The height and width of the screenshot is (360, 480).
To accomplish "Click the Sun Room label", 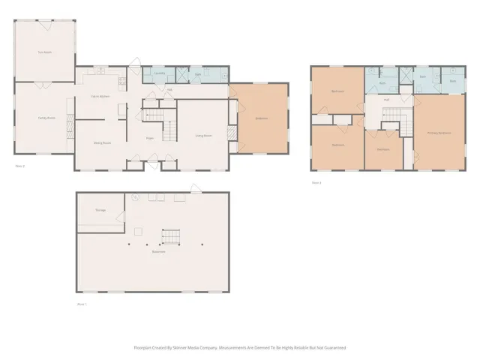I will pos(45,52).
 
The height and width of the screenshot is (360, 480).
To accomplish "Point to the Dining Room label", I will pos(102,142).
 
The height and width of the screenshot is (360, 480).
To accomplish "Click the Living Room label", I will pos(203,136).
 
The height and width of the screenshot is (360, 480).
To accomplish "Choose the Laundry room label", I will pos(159,73).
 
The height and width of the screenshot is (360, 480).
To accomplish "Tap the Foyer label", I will pos(150,139).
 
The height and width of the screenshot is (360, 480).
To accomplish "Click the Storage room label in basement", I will pos(100,211).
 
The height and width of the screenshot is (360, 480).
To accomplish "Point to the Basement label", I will pos(158,252).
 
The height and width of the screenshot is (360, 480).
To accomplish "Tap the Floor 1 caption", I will pos(82,304).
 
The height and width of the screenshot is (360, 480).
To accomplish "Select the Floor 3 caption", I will pos(316,182).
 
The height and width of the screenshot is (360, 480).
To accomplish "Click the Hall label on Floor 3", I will pos(386,99).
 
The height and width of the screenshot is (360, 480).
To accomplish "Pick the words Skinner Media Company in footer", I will pos(198,348).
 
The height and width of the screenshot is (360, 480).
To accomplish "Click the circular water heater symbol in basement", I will pos(135,197).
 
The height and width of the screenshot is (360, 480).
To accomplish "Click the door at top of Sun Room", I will pos(45,22).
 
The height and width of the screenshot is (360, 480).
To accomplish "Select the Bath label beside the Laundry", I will pos(198,76).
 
